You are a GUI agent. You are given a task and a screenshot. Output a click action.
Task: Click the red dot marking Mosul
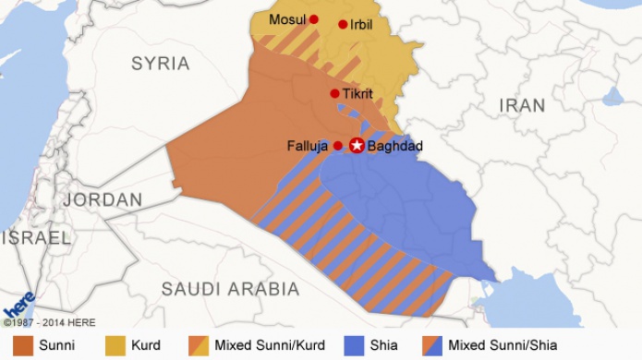click(x=313, y=19)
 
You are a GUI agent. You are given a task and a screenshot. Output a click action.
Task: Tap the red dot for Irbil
click(x=343, y=25)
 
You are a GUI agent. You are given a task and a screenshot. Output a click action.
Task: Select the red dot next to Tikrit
click(x=334, y=93)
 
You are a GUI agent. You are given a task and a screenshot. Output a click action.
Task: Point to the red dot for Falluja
click(x=338, y=146)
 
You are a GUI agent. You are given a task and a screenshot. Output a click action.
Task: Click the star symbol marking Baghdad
click(x=357, y=146)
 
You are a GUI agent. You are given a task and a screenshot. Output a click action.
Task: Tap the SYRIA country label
click(x=160, y=64)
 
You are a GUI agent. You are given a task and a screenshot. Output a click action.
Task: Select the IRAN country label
click(x=522, y=106)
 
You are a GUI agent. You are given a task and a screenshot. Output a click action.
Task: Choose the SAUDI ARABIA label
click(x=230, y=289)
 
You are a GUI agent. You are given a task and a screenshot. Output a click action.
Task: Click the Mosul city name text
click(x=287, y=19)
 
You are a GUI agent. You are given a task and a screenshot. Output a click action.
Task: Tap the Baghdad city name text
click(x=395, y=146)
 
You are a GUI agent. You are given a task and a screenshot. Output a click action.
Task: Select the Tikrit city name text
click(x=357, y=94)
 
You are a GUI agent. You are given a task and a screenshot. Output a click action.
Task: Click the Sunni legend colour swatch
click(x=23, y=345)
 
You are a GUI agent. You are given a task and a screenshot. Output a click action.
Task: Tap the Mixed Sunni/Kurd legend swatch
click(x=199, y=345)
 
